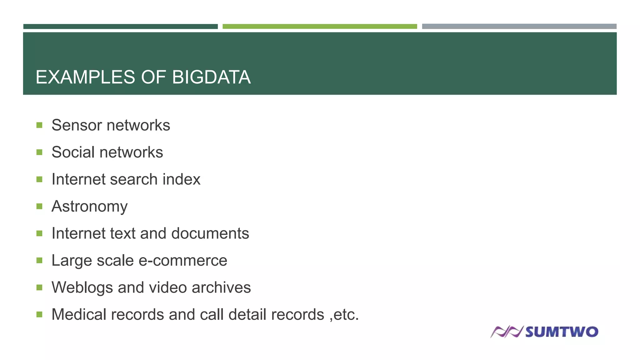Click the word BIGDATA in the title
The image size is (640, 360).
tap(211, 77)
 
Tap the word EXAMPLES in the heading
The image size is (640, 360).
tap(85, 77)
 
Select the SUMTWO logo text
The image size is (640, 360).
tap(562, 332)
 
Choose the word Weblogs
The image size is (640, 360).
tap(82, 288)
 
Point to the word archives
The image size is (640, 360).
tap(221, 287)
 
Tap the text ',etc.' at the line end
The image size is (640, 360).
tap(344, 315)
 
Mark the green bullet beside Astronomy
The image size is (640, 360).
tap(39, 206)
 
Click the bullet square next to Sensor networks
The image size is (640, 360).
tap(39, 125)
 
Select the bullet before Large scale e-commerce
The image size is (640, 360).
tap(39, 260)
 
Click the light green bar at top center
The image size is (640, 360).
tap(320, 27)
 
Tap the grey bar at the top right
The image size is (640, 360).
tap(519, 27)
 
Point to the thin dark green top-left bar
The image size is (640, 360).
tap(120, 27)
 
